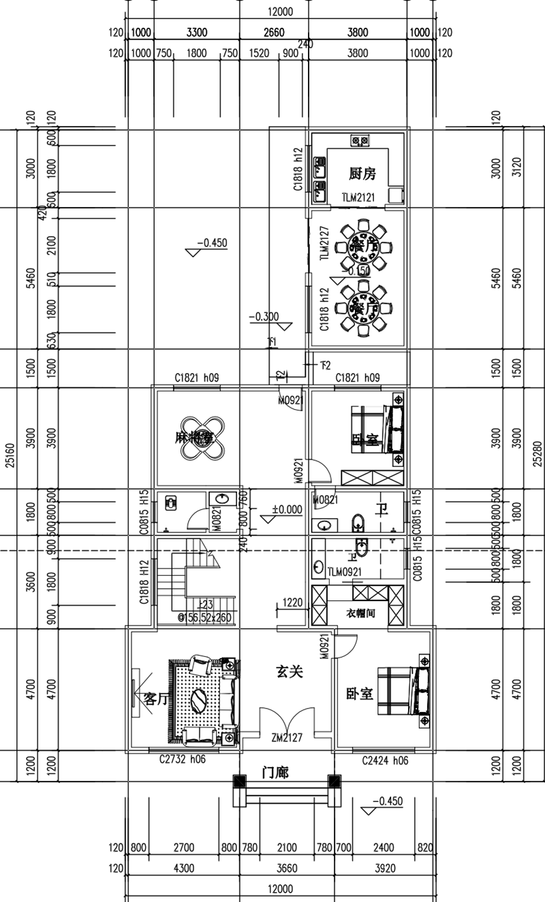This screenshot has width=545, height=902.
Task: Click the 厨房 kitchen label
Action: pyautogui.click(x=362, y=174)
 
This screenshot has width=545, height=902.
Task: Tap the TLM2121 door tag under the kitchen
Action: pyautogui.click(x=359, y=197)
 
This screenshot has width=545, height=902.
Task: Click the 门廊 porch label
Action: pyautogui.click(x=276, y=773)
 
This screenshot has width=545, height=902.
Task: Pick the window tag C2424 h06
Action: pyautogui.click(x=385, y=760)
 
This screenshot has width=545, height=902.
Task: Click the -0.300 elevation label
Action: pyautogui.click(x=264, y=317)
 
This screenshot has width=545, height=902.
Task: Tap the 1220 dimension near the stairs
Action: pyautogui.click(x=292, y=602)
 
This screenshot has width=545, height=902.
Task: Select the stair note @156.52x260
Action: pyautogui.click(x=204, y=618)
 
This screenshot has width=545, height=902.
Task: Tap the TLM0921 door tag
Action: pyautogui.click(x=344, y=572)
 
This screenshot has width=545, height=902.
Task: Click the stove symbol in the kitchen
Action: pyautogui.click(x=360, y=141)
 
